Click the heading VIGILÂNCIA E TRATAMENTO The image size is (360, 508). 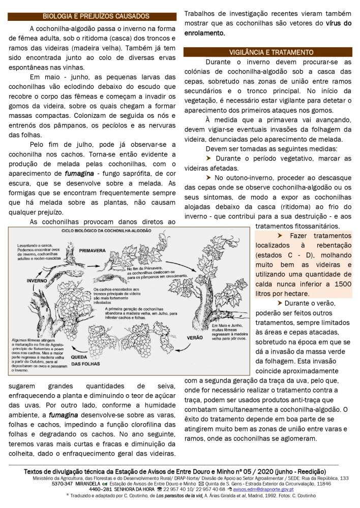click(x=267, y=52)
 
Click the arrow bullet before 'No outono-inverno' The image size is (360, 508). click(x=208, y=178)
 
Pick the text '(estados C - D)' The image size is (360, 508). click(x=278, y=255)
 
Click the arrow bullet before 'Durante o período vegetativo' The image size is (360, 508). click(x=208, y=158)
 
